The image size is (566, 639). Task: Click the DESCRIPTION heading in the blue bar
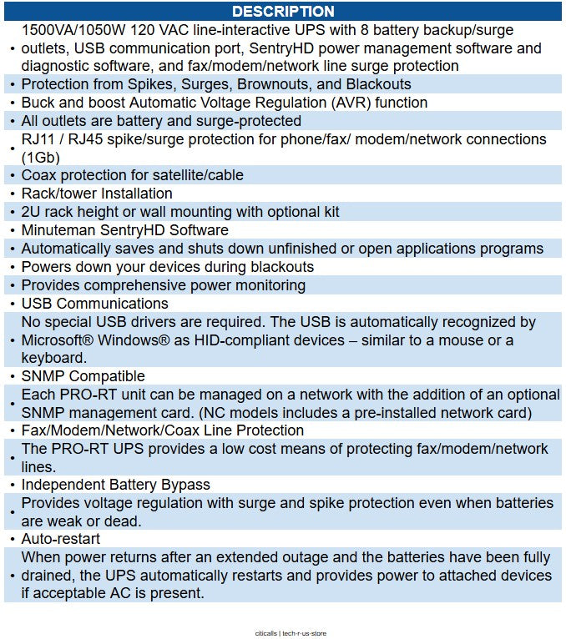[x=283, y=12]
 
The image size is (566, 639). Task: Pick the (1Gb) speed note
[x=40, y=157]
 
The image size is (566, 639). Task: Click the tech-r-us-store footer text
[x=305, y=633]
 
